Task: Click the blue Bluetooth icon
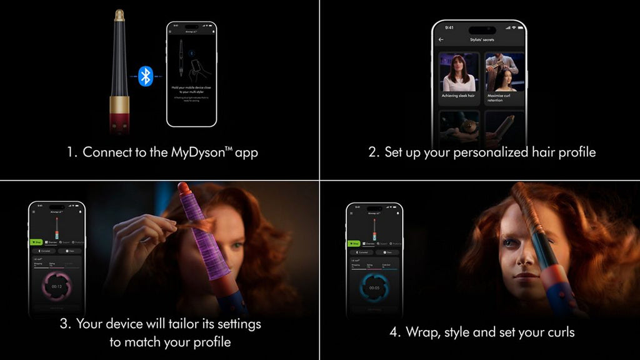pyautogui.click(x=146, y=76)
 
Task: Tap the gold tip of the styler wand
pyautogui.click(x=119, y=15)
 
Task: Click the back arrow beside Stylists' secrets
pyautogui.click(x=441, y=39)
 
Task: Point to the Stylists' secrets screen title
pyautogui.click(x=481, y=39)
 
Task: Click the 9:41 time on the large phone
pyautogui.click(x=449, y=27)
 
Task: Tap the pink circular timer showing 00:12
pyautogui.click(x=56, y=286)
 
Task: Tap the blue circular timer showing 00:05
pyautogui.click(x=374, y=287)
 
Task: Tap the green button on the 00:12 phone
pyautogui.click(x=36, y=242)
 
